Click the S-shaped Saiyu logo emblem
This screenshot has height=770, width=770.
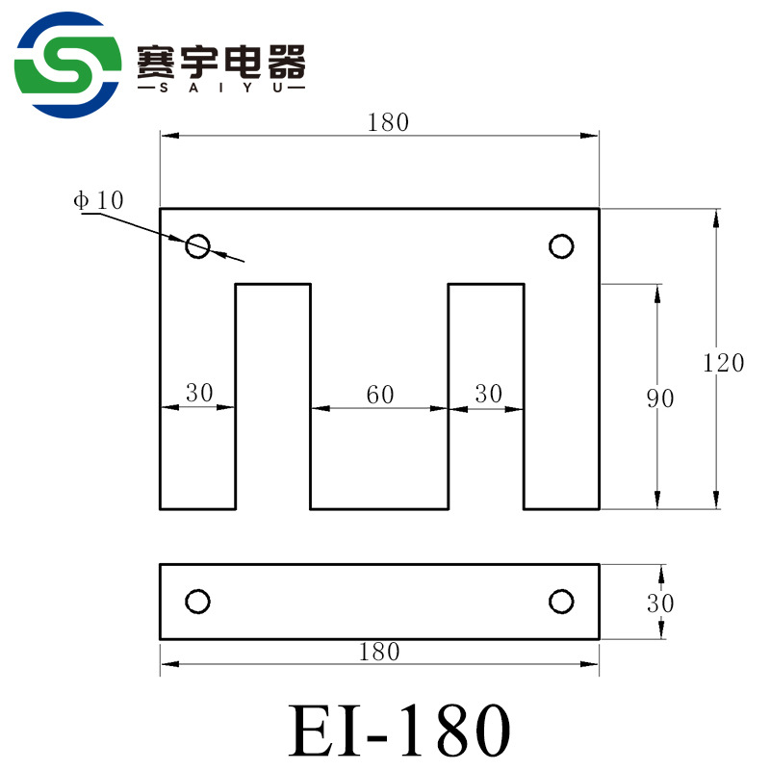67,65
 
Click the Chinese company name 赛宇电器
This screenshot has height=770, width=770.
221,61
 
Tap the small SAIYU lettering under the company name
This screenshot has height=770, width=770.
221,88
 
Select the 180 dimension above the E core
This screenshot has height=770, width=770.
388,122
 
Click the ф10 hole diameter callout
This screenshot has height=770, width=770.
98,200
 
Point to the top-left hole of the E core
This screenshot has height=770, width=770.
197,246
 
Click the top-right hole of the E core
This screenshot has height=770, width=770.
561,246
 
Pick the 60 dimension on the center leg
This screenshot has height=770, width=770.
379,394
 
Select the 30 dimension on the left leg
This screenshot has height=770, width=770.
199,393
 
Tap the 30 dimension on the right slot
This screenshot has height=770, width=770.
488,393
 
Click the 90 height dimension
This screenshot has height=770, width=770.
659,398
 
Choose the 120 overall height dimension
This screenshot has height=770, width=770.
723,363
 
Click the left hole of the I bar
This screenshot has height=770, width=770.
197,602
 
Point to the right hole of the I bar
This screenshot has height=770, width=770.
561,602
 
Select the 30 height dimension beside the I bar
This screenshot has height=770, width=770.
659,603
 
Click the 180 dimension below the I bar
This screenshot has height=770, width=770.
378,652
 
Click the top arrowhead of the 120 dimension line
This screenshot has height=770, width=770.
715,218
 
